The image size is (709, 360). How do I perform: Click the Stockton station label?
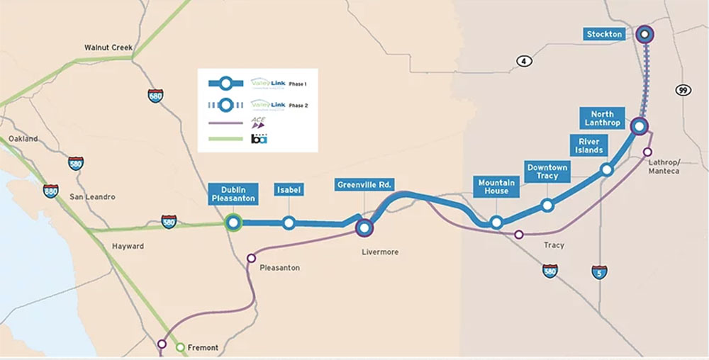[605, 34]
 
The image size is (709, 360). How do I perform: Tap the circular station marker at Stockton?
[644, 34]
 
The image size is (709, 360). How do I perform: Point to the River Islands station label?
[589, 145]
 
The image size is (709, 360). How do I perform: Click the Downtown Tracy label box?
[547, 171]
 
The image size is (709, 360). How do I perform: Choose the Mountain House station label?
[496, 187]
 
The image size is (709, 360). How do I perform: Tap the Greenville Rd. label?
[364, 186]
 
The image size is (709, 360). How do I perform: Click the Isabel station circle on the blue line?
[289, 223]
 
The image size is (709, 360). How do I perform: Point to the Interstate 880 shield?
[50, 191]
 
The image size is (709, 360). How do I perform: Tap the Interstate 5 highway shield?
[600, 271]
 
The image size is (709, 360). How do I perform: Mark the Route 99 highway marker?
[683, 91]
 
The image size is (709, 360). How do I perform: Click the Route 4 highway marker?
[524, 62]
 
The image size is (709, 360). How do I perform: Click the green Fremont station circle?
[180, 347]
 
